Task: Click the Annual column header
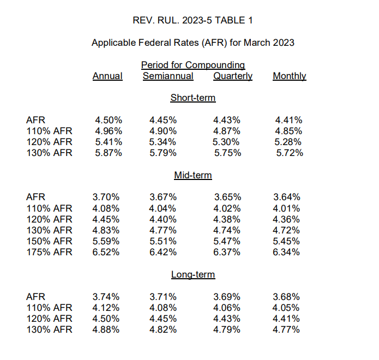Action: pos(107,76)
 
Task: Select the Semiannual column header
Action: pos(168,76)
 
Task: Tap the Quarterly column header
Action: pos(233,76)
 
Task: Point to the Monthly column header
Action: pos(290,76)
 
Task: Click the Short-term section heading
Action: pos(193,98)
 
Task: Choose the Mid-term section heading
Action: pos(193,175)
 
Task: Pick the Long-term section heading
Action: pos(193,275)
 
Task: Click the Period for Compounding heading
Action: pos(193,65)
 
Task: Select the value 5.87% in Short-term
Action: pos(109,153)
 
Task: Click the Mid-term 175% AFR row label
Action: pos(49,252)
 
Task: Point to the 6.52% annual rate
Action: pos(106,252)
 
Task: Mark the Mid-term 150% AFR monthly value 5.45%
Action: pos(286,241)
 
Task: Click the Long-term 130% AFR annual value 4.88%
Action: pos(106,329)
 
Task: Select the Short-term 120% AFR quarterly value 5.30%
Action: pos(226,142)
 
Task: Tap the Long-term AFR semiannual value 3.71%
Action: pos(163,297)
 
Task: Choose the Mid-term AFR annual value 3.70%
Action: pos(106,197)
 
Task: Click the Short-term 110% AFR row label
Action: pos(49,131)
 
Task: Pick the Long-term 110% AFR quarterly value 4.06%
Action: pos(227,308)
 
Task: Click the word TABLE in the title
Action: pos(230,20)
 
